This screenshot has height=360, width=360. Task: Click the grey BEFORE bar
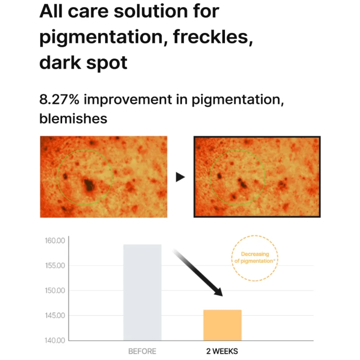(x=142, y=292)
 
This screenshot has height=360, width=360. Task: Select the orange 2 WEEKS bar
(x=222, y=325)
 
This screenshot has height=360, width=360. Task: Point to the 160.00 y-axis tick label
(x=55, y=241)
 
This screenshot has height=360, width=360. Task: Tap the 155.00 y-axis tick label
(x=55, y=265)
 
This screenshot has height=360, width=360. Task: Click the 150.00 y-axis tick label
(x=55, y=290)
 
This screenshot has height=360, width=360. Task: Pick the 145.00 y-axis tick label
(x=55, y=315)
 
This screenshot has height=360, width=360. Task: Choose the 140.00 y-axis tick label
(x=55, y=340)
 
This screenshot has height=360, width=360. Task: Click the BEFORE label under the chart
(x=142, y=351)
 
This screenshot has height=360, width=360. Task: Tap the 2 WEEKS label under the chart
(x=222, y=351)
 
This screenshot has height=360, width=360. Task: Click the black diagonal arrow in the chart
(x=198, y=273)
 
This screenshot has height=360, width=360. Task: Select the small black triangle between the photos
(x=180, y=177)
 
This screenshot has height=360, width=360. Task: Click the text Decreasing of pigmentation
(x=255, y=257)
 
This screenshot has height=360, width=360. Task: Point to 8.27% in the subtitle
(x=59, y=99)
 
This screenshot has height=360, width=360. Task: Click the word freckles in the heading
(x=213, y=37)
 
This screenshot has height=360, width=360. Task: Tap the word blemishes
(x=73, y=118)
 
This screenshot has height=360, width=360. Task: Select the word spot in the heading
(x=107, y=63)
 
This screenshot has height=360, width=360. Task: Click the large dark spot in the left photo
(x=89, y=185)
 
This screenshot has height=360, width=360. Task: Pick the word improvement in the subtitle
(x=128, y=100)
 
